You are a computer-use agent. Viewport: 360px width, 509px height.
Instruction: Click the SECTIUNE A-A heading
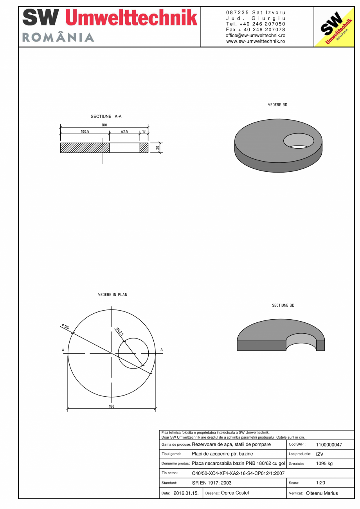tap(103, 117)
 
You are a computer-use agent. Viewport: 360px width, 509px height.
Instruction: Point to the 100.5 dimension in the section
tap(85, 132)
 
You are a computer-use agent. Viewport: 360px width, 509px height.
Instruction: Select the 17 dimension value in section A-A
tap(144, 132)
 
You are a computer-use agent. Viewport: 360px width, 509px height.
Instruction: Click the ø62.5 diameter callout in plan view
tap(120, 331)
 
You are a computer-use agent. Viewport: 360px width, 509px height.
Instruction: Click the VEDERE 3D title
tap(277, 105)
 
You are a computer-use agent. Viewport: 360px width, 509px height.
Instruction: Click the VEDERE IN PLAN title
tap(112, 295)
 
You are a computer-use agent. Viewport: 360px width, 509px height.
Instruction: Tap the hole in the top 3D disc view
tap(299, 140)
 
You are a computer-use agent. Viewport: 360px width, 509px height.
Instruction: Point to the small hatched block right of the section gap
tap(144, 148)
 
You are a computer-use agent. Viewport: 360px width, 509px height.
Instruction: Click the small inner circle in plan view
tap(133, 353)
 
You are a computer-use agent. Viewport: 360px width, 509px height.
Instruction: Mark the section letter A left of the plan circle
tap(63, 350)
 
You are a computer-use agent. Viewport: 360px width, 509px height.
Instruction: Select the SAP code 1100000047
tap(329, 445)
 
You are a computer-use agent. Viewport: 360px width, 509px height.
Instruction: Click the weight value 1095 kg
tap(324, 464)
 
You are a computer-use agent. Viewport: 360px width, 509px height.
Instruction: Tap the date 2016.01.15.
tap(186, 493)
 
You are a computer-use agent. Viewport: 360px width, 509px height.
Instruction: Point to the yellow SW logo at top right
tap(334, 27)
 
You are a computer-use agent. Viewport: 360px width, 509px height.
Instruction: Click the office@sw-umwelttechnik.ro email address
tap(256, 35)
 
